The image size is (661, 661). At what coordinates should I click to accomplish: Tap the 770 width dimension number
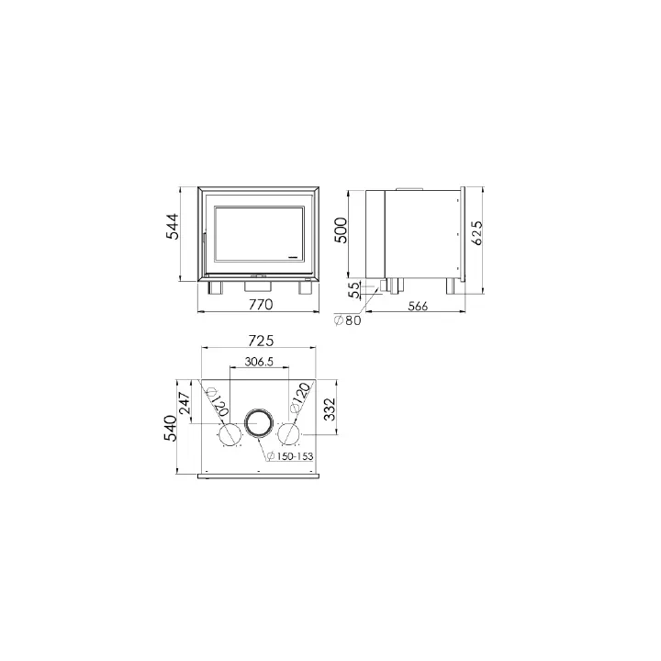click(261, 304)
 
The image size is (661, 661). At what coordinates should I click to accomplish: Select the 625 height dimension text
click(476, 233)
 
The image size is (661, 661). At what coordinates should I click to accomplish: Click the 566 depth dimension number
click(418, 306)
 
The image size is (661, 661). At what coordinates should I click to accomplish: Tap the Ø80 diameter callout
click(348, 320)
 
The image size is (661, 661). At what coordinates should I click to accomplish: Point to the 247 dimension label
click(184, 405)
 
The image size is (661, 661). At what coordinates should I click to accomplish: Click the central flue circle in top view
click(259, 422)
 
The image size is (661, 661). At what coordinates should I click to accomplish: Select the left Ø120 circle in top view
click(229, 433)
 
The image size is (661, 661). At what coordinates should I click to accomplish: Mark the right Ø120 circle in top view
click(290, 433)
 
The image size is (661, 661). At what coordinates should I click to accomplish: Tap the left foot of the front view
click(217, 287)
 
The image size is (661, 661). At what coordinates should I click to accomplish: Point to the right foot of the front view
click(305, 287)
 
